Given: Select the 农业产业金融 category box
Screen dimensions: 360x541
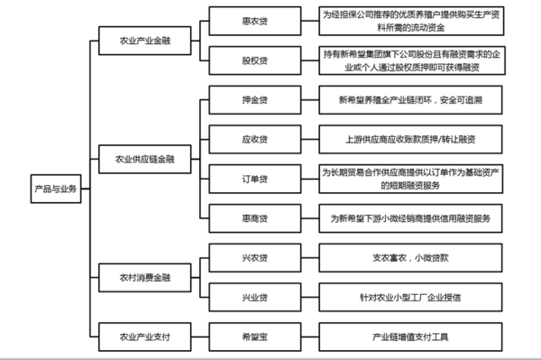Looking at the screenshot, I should pos(145,42).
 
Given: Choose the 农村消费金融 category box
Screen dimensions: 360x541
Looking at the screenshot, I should pos(145,275).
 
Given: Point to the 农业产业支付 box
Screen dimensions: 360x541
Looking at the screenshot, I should pos(145,337).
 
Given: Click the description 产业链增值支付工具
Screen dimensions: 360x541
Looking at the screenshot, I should pos(410,337).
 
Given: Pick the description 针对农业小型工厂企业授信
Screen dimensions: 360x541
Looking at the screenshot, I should pos(410,295).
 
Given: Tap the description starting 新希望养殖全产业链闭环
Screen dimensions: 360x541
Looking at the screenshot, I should pos(410,99).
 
